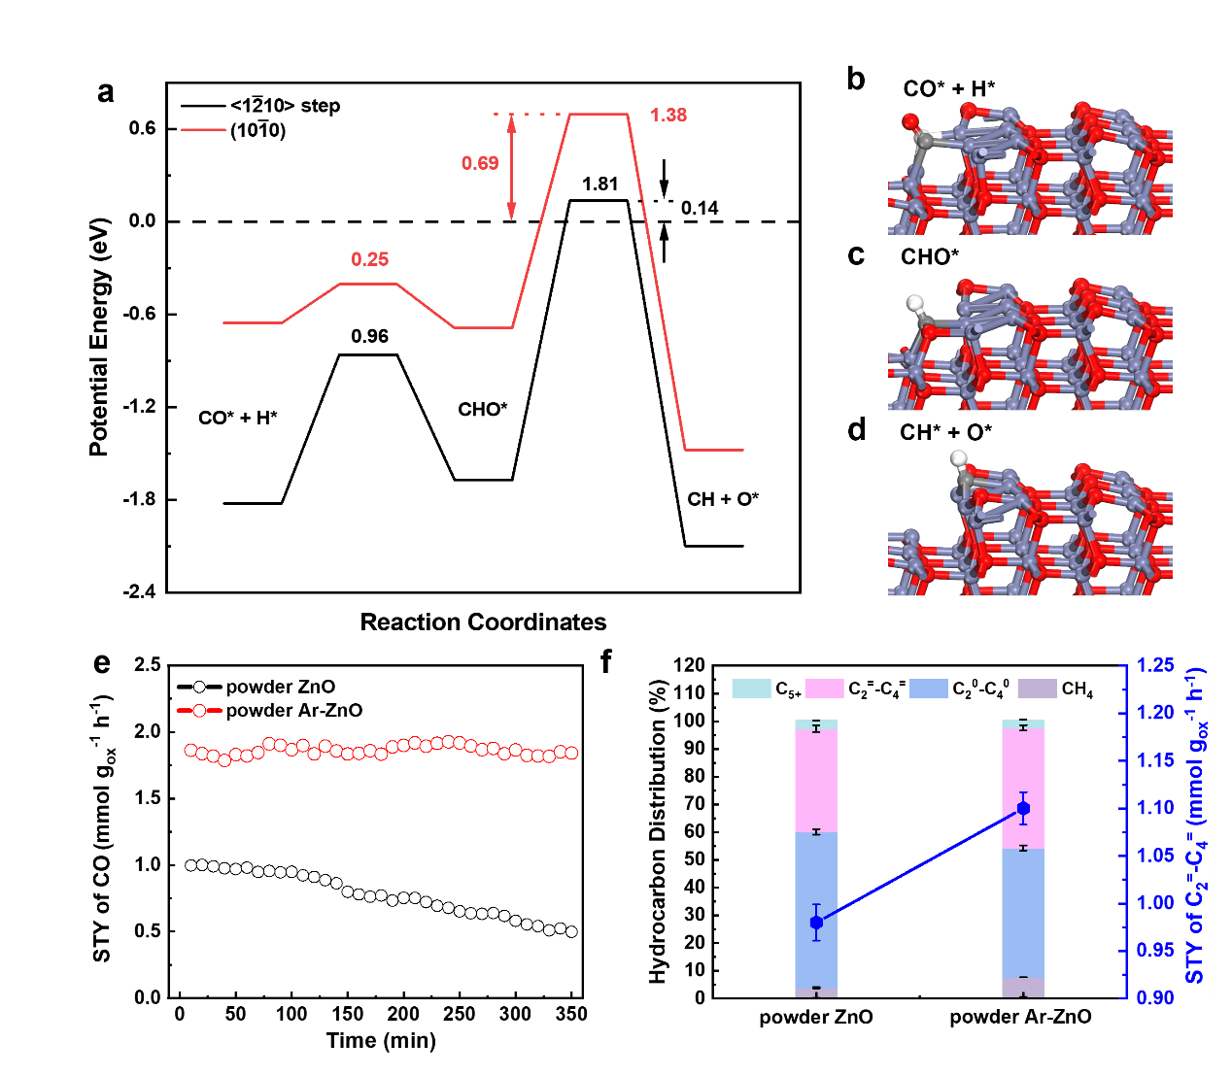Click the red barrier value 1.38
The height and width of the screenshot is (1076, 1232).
pos(668,116)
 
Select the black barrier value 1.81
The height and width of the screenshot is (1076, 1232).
pos(600,185)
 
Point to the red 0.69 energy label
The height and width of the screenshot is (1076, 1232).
pos(480,163)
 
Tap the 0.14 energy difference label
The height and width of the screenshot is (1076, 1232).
pos(700,209)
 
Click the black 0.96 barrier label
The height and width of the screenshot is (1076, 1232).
pos(369,337)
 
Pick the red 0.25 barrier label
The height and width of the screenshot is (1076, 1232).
pos(369,259)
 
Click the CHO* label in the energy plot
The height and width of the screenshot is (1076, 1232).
pos(483,410)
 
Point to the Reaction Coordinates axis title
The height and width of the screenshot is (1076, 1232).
pos(483,622)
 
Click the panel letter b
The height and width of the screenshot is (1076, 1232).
pos(856,80)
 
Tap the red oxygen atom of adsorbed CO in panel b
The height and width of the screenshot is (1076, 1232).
pos(910,122)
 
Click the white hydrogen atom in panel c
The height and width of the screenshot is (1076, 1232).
pos(913,303)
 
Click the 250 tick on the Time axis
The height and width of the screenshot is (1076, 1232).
pos(460,1014)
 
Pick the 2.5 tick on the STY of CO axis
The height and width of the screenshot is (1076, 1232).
pos(148,666)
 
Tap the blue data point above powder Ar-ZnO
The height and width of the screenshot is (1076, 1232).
pos(1023,809)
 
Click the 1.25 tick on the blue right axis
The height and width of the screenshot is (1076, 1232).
pos(1155,666)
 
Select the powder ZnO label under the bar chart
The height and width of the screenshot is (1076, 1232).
pos(816,1018)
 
